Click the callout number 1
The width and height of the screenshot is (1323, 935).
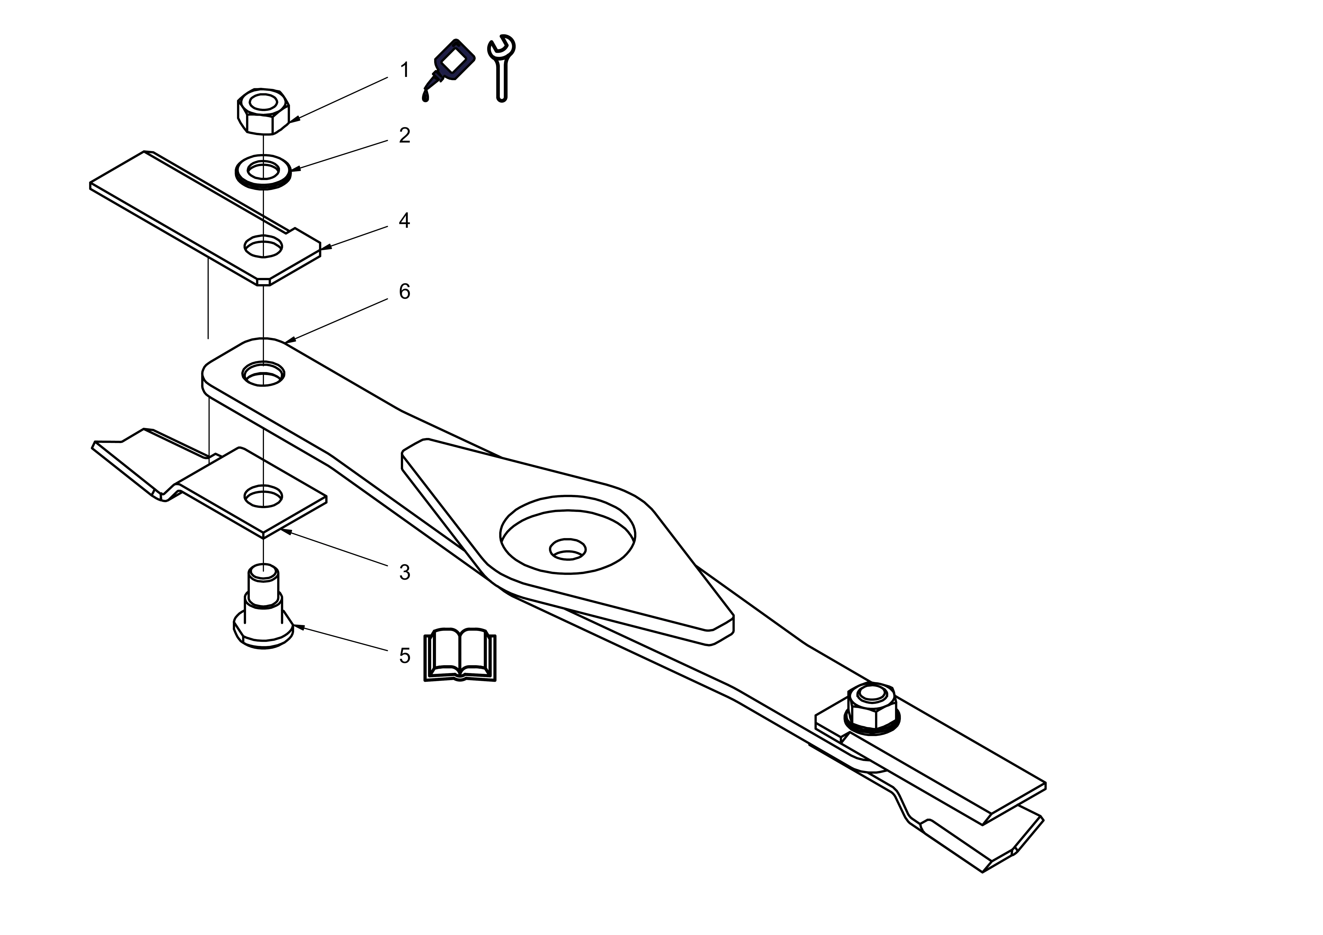404,70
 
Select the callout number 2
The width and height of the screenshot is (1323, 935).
404,135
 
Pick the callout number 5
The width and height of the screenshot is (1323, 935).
404,656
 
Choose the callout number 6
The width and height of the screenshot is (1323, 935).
404,291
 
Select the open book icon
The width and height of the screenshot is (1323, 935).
460,655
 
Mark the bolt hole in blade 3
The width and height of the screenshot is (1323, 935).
263,495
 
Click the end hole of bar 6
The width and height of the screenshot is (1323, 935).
263,374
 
